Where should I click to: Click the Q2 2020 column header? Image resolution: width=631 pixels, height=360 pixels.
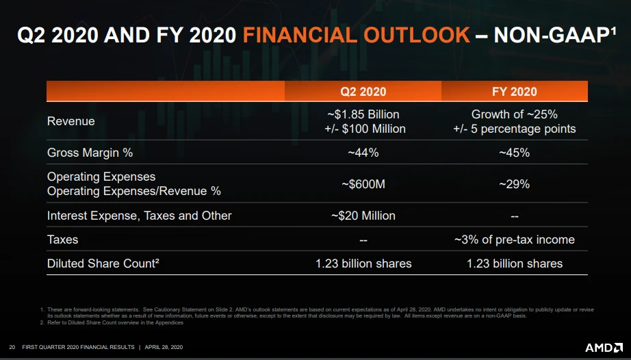click(x=363, y=92)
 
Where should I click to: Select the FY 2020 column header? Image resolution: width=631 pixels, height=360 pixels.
click(x=514, y=92)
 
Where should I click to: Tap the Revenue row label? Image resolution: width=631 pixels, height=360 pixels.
click(x=71, y=121)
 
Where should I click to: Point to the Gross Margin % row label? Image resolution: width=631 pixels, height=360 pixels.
click(x=90, y=153)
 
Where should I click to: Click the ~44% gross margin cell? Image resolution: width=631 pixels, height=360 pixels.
click(x=363, y=153)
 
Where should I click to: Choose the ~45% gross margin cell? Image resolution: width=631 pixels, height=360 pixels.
click(x=514, y=153)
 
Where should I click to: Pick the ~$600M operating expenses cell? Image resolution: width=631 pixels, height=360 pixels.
click(x=363, y=184)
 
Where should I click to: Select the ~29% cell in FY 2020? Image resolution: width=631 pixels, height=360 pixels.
click(x=514, y=184)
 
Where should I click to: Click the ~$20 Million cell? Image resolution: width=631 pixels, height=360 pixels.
click(x=363, y=216)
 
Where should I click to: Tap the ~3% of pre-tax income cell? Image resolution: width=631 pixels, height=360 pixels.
click(x=514, y=240)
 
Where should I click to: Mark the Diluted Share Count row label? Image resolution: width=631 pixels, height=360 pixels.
click(x=103, y=263)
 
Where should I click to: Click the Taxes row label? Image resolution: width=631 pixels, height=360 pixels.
click(x=62, y=240)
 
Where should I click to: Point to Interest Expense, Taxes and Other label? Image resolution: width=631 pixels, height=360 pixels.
click(x=139, y=216)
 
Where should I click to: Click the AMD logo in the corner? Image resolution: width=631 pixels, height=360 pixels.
click(x=602, y=347)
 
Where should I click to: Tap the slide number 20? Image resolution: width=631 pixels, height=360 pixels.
click(x=12, y=348)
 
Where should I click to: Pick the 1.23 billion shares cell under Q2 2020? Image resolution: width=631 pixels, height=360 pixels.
click(x=363, y=263)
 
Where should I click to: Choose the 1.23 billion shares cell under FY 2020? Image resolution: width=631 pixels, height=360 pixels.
click(x=514, y=263)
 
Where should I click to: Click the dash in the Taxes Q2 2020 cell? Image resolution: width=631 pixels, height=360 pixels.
click(x=363, y=240)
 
